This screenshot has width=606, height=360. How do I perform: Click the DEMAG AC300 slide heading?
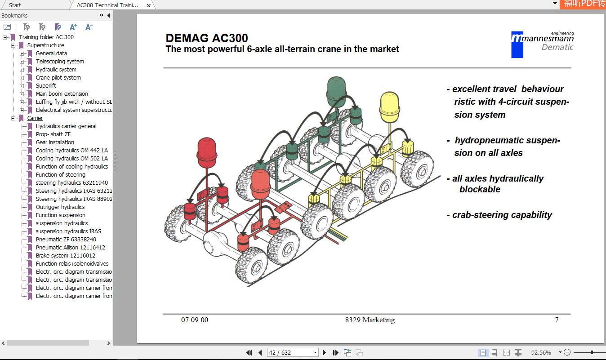click(207, 38)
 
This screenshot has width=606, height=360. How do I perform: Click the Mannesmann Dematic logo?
click(542, 44)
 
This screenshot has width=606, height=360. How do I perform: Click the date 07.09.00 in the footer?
click(195, 320)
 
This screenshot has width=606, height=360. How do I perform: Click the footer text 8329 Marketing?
click(370, 320)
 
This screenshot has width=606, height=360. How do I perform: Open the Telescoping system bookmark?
click(60, 62)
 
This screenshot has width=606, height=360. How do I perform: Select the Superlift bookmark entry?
click(46, 86)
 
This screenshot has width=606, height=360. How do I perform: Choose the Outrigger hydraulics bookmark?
click(60, 207)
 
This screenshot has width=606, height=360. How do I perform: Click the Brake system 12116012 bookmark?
click(65, 256)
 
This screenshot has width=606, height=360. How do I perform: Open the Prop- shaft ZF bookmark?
click(53, 134)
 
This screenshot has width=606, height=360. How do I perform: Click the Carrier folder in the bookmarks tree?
click(35, 118)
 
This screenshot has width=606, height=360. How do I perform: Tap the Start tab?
click(15, 5)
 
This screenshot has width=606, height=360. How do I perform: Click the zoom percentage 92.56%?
click(541, 353)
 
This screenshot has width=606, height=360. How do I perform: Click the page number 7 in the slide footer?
click(557, 320)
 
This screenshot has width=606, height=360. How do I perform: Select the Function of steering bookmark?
click(60, 175)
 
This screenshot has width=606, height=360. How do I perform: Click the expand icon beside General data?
click(22, 53)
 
